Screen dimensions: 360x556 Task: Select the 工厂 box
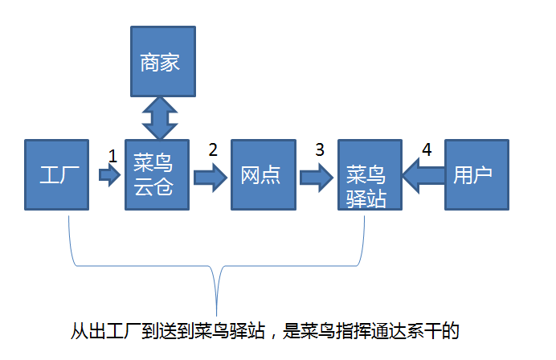pos(56,174)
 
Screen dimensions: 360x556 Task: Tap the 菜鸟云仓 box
pos(156,174)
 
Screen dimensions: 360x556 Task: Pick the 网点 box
pos(260,174)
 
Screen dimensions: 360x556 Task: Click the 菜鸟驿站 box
pos(368,174)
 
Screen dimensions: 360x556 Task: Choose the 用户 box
pos(475,174)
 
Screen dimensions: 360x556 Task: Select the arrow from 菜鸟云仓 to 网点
pos(209,177)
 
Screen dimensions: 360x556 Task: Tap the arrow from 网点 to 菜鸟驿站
pos(315,176)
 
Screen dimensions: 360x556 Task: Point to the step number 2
pos(213,149)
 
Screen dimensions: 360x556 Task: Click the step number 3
pos(320,149)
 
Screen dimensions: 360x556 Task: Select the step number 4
pos(427,149)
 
